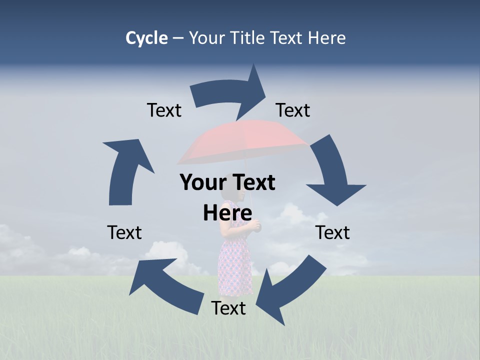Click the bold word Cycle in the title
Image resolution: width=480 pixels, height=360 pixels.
(146, 38)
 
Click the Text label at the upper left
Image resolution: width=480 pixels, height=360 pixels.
(164, 110)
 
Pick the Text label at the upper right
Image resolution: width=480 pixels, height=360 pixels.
(293, 110)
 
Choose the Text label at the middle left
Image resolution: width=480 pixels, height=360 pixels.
(124, 232)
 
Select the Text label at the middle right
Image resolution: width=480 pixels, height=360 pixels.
(333, 232)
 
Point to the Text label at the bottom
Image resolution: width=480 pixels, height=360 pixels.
(228, 308)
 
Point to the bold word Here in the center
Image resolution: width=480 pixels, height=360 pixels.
(227, 213)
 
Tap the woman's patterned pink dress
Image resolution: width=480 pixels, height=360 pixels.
(235, 260)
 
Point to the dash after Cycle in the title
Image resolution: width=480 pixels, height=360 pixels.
(178, 38)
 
